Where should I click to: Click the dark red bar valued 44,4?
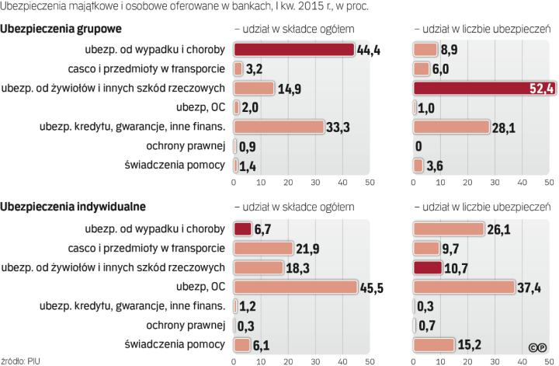[x=294, y=51]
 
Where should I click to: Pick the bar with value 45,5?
[x=296, y=287]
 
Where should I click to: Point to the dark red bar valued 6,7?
[x=243, y=229]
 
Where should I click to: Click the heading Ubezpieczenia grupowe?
[x=62, y=30]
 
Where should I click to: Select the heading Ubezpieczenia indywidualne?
[x=74, y=207]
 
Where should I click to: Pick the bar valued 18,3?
[x=259, y=268]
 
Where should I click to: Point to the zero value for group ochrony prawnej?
[x=418, y=145]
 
